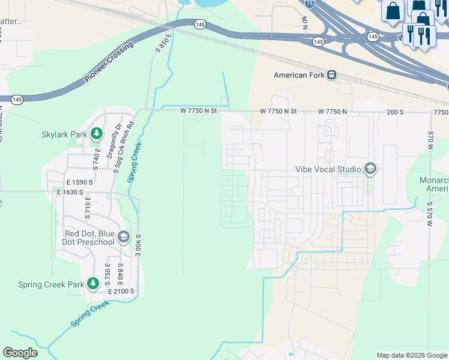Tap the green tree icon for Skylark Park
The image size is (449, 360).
(95, 134)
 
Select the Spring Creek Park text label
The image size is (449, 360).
(50, 284)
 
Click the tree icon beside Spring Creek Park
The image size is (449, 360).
(92, 283)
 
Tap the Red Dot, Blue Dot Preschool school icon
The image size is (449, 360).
(124, 237)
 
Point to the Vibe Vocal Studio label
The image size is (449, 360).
(328, 169)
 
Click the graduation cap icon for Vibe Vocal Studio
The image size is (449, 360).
(370, 169)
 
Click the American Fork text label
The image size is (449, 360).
(299, 75)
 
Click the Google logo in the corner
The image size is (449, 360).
(20, 353)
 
